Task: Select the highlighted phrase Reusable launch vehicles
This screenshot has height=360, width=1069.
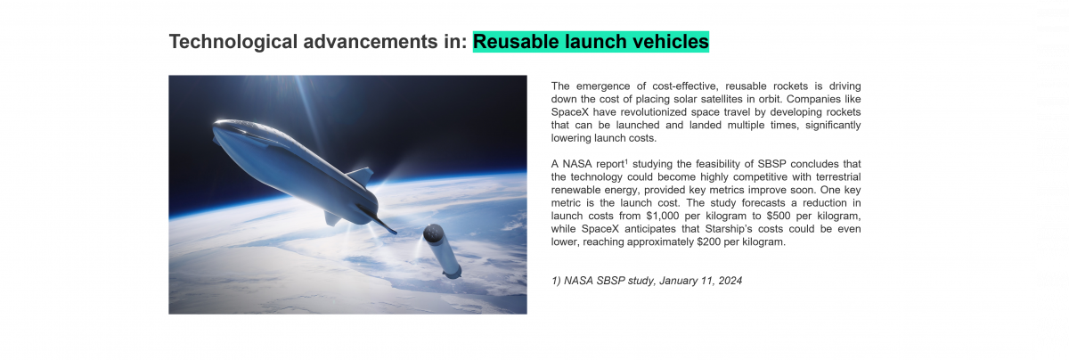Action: click(x=591, y=42)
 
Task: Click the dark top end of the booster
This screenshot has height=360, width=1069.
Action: click(x=432, y=233)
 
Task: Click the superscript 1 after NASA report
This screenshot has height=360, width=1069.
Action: click(x=626, y=161)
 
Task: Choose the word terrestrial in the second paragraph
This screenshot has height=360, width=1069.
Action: click(x=832, y=177)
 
